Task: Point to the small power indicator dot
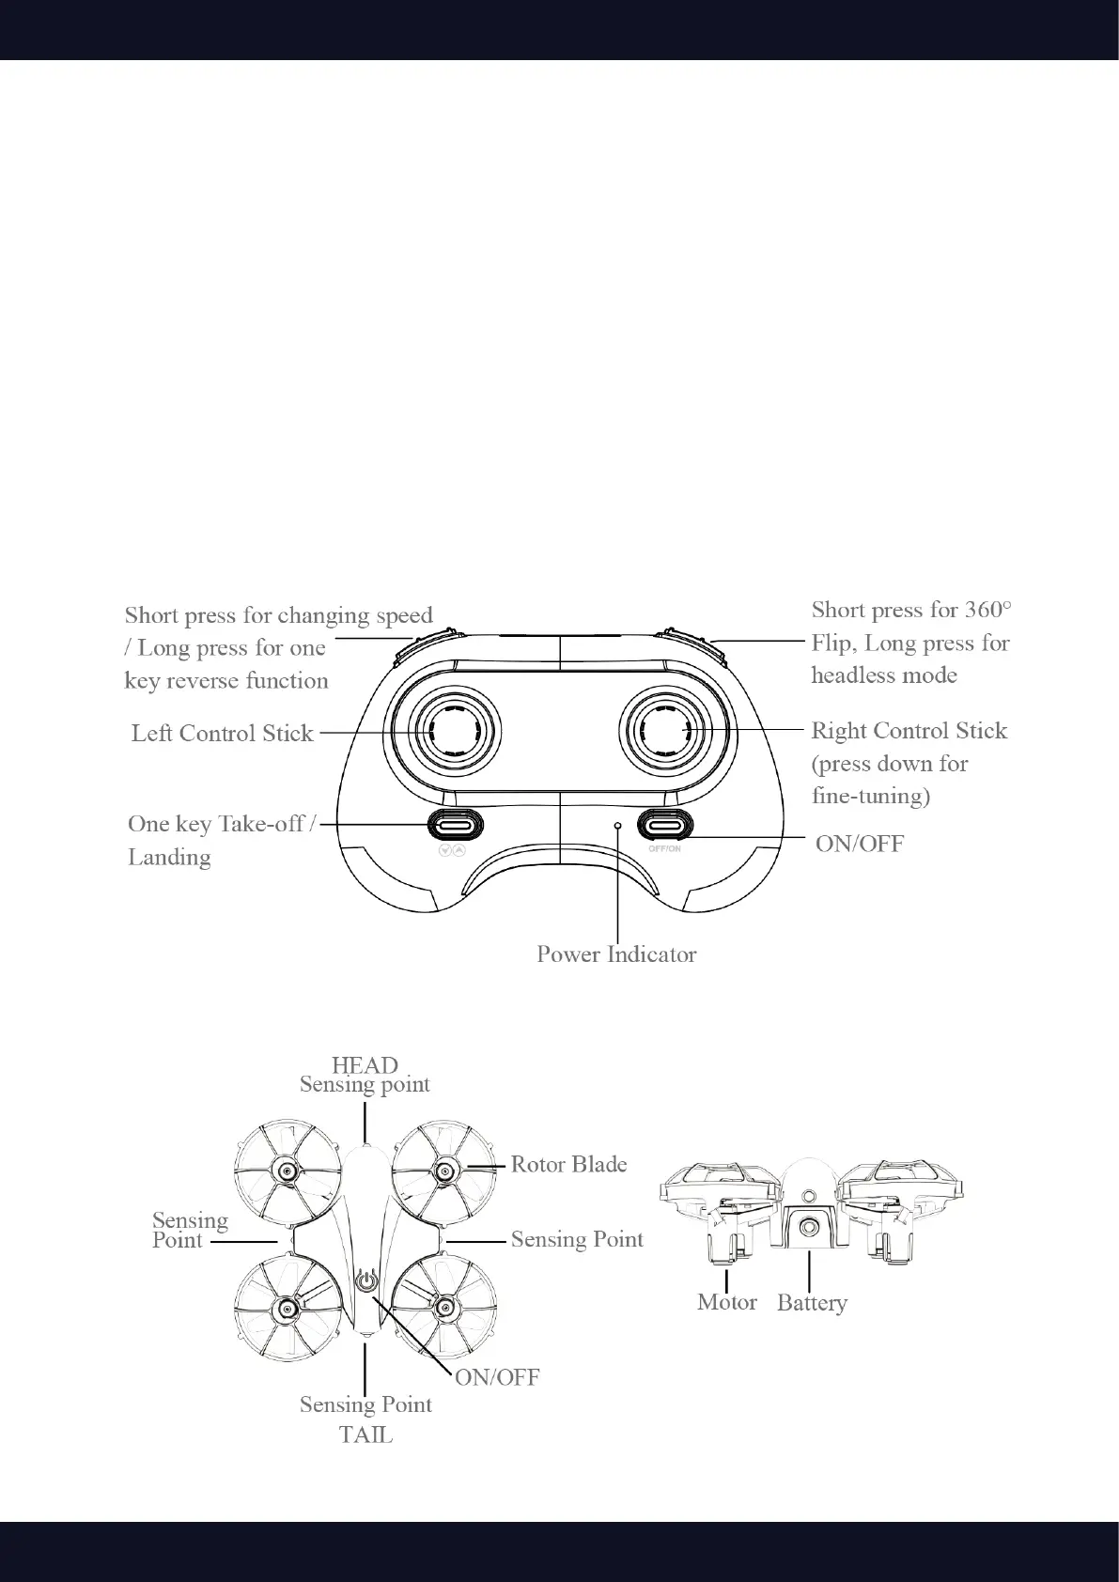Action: pos(617,825)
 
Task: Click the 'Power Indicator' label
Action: pos(616,954)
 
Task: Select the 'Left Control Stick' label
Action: pos(222,733)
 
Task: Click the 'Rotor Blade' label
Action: pos(568,1165)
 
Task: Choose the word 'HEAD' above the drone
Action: pos(365,1065)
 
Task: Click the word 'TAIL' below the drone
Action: pos(365,1435)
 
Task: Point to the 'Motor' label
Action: pos(726,1302)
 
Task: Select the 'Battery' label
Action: pos(812,1303)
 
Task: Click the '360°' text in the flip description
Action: pos(987,610)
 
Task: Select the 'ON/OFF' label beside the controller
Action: pos(859,844)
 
